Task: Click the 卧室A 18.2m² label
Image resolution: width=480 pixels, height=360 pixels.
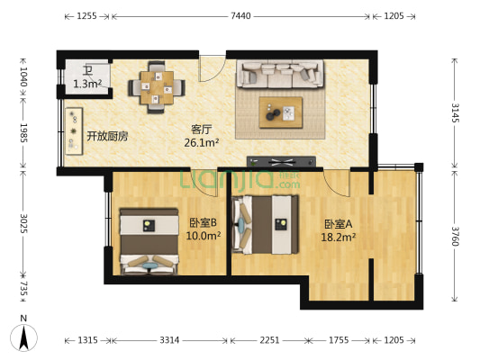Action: pos(340,230)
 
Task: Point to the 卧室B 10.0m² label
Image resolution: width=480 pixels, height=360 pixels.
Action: pos(204,229)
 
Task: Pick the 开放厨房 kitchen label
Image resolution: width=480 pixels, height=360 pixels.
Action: pos(107,137)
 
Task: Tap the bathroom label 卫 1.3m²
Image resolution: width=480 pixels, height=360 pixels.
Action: pos(87,78)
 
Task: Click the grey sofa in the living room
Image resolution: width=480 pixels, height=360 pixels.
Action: pos(280,75)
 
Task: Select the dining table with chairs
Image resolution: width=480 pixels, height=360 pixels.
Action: pos(157,86)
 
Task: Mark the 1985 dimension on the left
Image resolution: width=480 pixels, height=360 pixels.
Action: pos(24,138)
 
